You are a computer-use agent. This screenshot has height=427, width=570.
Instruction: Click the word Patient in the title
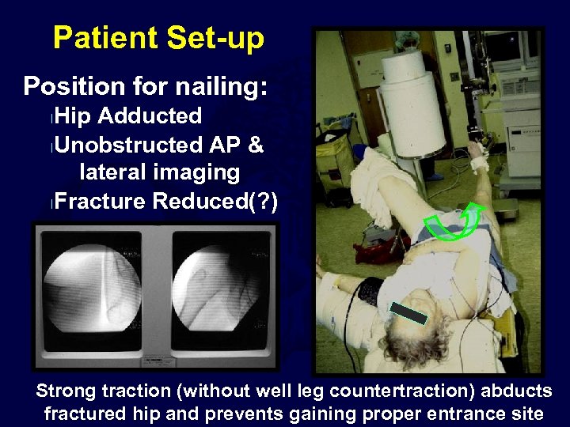(x=97, y=38)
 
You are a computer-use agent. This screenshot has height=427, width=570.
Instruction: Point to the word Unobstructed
(x=130, y=145)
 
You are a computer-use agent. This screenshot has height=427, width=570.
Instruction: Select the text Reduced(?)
(x=215, y=201)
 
